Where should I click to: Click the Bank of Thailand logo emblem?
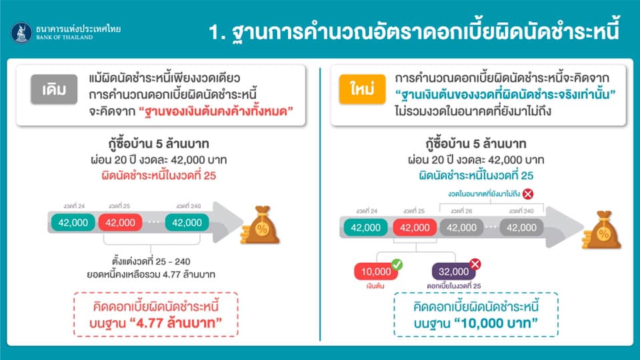[21, 33]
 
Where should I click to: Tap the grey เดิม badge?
[54, 89]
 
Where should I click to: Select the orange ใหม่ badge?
[362, 89]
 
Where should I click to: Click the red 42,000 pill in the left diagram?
[120, 223]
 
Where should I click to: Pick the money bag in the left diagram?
[261, 225]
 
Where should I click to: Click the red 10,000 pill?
[376, 271]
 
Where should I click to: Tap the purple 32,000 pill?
[453, 271]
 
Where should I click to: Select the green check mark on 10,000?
[397, 265]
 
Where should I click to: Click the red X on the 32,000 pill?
[475, 264]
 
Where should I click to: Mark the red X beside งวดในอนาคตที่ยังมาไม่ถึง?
[528, 194]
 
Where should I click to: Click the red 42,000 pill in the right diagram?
[415, 227]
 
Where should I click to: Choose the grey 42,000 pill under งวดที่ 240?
[521, 227]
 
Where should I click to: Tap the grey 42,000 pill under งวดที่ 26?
[461, 227]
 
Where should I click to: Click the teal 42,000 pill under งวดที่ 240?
[187, 223]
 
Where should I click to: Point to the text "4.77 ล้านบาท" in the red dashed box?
[175, 323]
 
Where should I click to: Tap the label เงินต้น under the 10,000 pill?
[375, 286]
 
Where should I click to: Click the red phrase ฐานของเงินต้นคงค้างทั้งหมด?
[216, 111]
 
